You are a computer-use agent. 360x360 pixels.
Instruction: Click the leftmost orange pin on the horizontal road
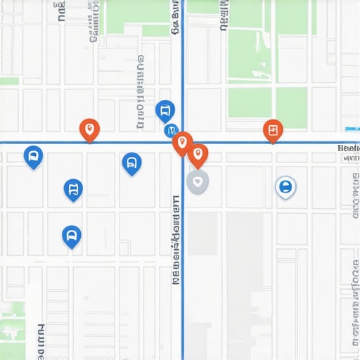(x=89, y=129)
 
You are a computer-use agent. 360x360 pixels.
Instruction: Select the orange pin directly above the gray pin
(x=198, y=155)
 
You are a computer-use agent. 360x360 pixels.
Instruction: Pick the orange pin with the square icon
(x=273, y=130)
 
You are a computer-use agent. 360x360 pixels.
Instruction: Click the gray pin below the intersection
(x=198, y=181)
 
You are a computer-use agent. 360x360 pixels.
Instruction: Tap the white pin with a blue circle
(x=285, y=187)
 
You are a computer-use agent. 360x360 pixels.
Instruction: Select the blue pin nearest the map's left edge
(x=33, y=156)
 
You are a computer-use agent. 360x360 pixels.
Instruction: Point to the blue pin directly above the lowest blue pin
(x=73, y=189)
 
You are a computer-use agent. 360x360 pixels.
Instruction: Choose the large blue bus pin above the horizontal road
(x=165, y=110)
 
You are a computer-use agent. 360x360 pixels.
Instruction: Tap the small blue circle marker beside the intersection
(x=170, y=130)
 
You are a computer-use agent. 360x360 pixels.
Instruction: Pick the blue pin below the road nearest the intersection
(x=131, y=163)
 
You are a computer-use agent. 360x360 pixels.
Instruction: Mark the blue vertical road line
(x=183, y=281)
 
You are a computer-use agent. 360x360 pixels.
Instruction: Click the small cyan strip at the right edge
(x=352, y=129)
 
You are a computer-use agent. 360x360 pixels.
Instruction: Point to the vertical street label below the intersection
(x=176, y=239)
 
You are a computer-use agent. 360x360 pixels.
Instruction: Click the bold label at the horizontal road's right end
(x=349, y=148)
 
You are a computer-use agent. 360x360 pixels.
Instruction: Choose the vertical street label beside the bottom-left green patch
(x=40, y=341)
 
